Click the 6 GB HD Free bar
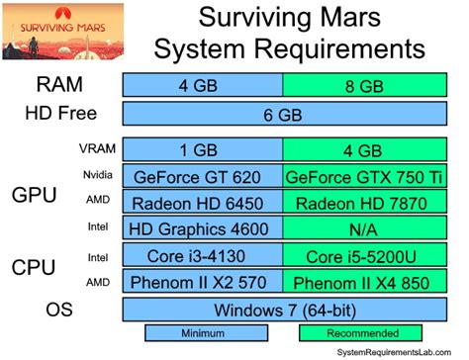(283, 115)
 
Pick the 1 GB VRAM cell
(203, 150)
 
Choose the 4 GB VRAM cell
(362, 150)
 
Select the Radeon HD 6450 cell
(203, 203)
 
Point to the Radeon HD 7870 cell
(362, 203)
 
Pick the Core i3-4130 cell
(203, 256)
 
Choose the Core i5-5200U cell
(362, 256)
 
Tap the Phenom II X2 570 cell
(203, 282)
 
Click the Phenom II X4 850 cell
(362, 282)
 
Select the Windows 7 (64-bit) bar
(283, 309)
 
